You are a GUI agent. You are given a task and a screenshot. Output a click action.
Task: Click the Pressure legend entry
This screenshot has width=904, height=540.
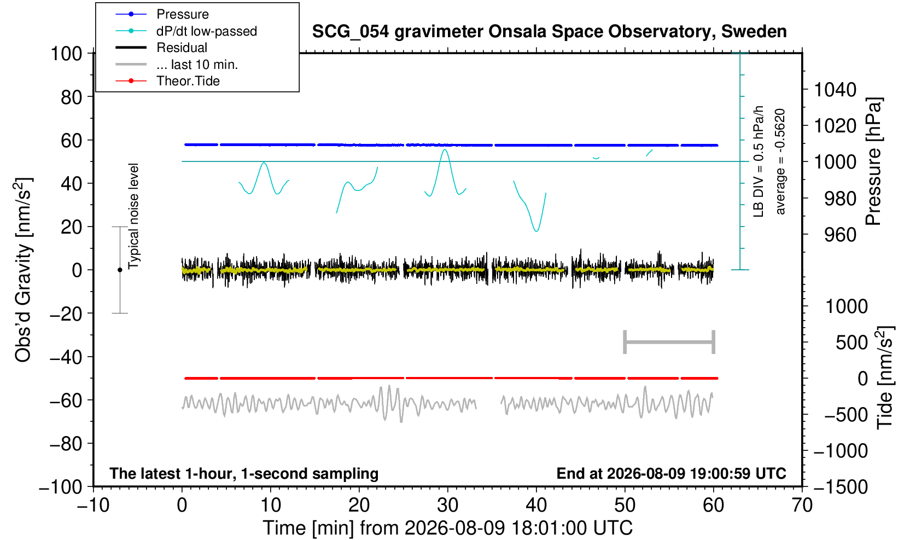[x=162, y=15]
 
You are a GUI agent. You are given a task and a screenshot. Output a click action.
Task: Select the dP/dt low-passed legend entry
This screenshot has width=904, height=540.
[x=186, y=31]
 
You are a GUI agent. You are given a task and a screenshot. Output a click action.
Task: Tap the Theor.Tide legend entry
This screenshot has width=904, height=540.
[x=167, y=81]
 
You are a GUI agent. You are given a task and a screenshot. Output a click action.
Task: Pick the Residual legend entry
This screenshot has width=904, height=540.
[x=161, y=48]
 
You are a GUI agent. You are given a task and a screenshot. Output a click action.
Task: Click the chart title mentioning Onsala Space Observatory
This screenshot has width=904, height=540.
[x=549, y=32]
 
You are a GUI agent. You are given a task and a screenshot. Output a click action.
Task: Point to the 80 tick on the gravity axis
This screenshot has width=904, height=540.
[x=72, y=97]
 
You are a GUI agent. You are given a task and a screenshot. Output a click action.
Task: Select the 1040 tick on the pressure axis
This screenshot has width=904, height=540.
[x=835, y=90]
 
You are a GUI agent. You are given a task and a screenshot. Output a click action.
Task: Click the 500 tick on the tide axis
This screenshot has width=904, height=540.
[x=851, y=342]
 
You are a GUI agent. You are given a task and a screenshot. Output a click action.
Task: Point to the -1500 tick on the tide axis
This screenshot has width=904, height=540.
[x=841, y=487]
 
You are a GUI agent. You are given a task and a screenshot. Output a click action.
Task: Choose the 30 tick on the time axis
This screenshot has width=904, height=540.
[x=447, y=505]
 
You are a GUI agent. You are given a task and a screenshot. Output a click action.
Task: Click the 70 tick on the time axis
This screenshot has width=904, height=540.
[x=802, y=505]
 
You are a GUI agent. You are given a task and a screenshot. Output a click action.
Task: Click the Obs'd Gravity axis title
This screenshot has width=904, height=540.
[x=22, y=270]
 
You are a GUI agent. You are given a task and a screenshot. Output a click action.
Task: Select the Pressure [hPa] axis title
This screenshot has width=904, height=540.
[x=873, y=161]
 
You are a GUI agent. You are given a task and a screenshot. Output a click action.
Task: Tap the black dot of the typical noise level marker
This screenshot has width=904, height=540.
[x=120, y=270]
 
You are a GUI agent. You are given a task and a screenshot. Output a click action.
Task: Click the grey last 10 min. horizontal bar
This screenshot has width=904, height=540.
[x=669, y=342]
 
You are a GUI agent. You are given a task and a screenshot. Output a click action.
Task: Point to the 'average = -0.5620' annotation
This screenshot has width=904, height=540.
[x=780, y=161]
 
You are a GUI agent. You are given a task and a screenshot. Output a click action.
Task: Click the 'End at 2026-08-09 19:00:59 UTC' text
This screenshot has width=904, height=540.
[x=671, y=473]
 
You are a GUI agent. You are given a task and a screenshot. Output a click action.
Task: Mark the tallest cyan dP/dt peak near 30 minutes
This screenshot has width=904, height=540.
[x=445, y=150]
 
